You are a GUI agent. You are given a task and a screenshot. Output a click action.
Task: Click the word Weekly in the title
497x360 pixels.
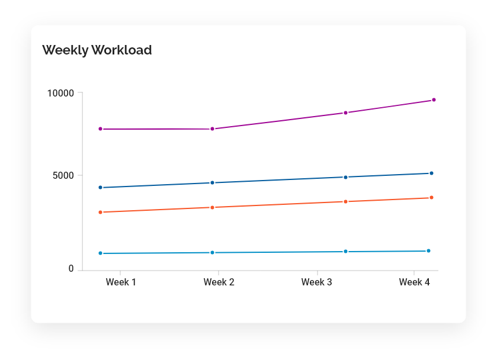65,50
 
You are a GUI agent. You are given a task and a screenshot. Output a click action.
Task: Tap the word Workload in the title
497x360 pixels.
121,50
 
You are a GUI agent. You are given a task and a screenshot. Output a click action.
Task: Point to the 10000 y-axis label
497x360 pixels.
60,93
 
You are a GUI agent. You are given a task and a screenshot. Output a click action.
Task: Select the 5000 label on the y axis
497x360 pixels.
63,175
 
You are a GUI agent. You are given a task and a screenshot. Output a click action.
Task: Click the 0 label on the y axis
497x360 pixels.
71,269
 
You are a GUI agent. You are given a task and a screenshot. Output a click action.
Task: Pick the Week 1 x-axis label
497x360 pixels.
121,282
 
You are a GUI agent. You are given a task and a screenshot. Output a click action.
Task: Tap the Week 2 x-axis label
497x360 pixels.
219,282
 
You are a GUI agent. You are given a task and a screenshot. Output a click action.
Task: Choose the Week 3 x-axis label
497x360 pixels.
316,282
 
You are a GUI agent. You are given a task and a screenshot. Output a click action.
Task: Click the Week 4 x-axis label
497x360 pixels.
414,282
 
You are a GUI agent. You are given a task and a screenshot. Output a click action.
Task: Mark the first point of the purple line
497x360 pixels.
101,129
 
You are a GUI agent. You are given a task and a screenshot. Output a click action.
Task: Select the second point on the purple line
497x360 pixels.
213,129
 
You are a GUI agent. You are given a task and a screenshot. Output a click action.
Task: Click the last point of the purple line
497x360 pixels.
434,100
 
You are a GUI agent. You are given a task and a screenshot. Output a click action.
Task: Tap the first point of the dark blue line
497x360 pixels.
101,188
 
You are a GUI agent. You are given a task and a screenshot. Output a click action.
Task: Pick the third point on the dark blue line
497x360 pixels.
345,177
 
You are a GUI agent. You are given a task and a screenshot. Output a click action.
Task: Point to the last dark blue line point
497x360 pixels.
431,173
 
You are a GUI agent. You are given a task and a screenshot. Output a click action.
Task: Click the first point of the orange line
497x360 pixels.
101,213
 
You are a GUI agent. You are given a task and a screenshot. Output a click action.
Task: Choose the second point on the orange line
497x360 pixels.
213,208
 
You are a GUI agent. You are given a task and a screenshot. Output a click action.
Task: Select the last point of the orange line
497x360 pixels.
431,198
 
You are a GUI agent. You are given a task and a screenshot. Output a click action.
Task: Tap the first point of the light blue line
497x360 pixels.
101,253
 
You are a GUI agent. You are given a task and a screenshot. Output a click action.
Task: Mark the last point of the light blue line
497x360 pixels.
428,251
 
